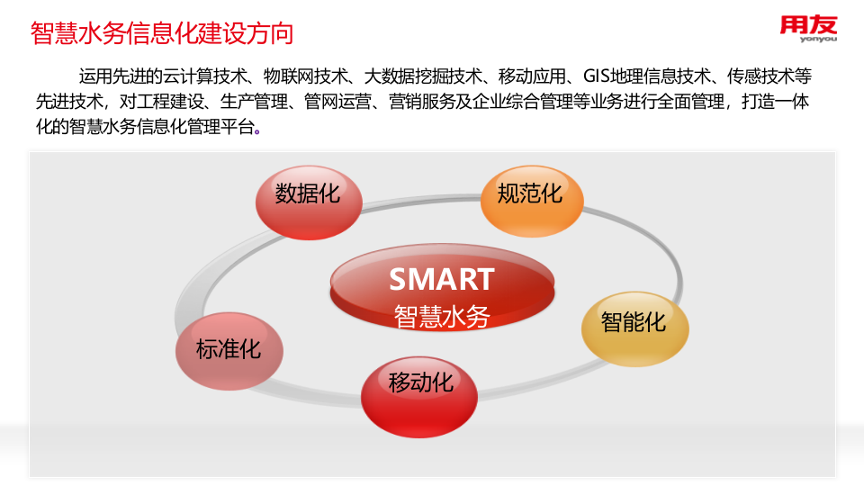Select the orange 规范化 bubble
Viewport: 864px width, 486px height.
(x=531, y=200)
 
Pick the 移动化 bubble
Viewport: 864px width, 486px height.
(x=420, y=393)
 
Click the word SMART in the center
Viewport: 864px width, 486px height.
(x=441, y=279)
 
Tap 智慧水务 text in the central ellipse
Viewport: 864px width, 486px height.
(x=441, y=316)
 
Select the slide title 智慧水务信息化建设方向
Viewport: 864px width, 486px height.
(x=162, y=34)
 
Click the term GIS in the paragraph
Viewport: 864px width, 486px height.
(x=598, y=76)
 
